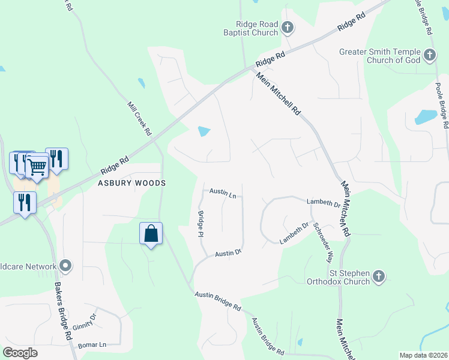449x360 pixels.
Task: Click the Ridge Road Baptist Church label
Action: (252, 28)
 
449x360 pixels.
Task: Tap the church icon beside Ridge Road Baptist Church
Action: (287, 27)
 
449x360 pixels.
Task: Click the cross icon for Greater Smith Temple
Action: (429, 56)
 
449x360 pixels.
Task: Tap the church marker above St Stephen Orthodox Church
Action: (378, 276)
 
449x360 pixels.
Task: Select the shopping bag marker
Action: (151, 233)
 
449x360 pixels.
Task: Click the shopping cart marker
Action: (37, 166)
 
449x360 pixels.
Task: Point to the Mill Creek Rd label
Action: (140, 117)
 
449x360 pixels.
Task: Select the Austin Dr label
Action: (229, 253)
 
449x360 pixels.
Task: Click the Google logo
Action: (20, 353)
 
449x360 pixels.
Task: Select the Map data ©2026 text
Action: (423, 355)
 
